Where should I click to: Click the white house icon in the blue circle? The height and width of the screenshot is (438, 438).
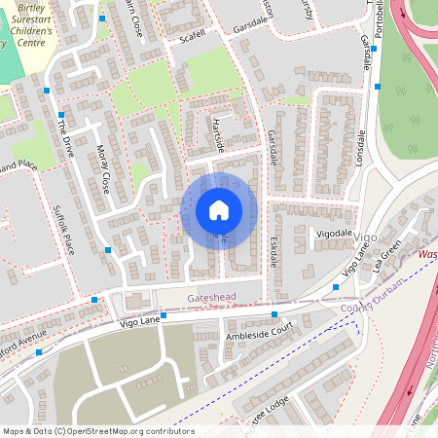219,210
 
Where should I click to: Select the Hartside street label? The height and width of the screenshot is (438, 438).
218,133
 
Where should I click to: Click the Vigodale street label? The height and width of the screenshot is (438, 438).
334,234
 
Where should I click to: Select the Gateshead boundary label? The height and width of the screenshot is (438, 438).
200,292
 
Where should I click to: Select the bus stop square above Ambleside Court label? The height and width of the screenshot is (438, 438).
274,314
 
